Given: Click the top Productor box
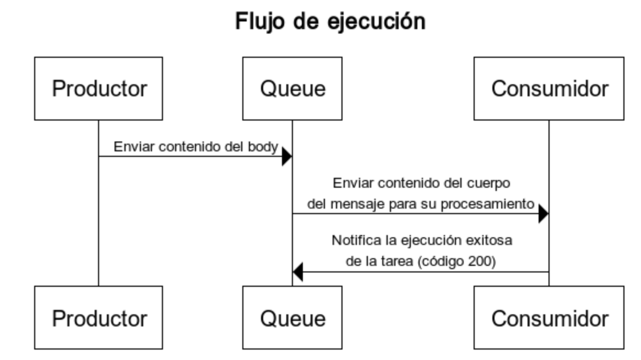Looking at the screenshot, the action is click(99, 89).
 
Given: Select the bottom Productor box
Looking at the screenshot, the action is click(99, 318).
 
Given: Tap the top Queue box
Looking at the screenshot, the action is click(292, 89).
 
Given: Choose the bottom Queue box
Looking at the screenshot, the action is click(292, 318).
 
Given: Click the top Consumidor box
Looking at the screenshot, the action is click(549, 89).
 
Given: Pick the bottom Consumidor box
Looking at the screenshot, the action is click(549, 318).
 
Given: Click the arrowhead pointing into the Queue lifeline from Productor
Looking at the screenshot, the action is click(287, 156).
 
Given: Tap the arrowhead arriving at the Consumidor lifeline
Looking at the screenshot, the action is click(544, 214).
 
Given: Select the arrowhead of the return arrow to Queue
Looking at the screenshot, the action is click(297, 272).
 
